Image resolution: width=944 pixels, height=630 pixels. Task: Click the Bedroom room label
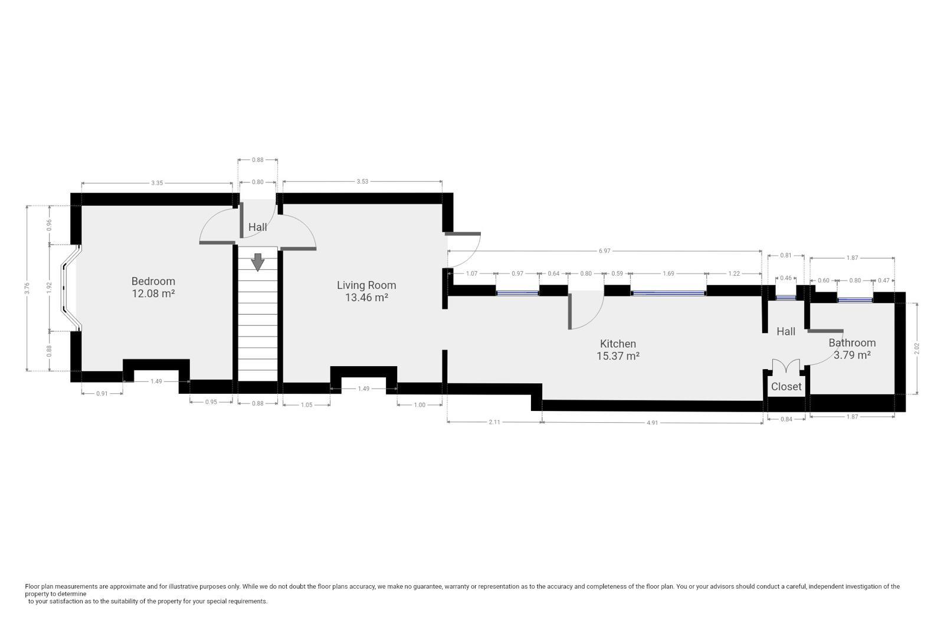[153, 281]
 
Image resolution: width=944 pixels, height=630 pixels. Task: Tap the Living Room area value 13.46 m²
[366, 298]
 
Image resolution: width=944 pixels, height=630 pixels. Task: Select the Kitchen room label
[618, 344]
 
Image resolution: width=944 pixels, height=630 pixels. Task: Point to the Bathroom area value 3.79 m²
[852, 355]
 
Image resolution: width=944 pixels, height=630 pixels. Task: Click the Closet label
[786, 386]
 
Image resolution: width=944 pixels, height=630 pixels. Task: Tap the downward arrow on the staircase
[257, 262]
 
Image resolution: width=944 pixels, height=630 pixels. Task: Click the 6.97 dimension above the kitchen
[604, 251]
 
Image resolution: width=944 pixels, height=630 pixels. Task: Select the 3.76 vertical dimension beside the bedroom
[27, 288]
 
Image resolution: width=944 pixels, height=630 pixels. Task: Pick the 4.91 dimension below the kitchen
[652, 423]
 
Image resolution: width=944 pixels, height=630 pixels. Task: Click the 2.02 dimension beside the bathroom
[917, 348]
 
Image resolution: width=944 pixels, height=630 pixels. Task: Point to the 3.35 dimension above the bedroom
[157, 183]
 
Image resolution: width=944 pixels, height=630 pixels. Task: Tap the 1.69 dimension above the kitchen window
[668, 273]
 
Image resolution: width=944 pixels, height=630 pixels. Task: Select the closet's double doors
[786, 366]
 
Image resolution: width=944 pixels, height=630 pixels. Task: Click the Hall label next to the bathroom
[786, 331]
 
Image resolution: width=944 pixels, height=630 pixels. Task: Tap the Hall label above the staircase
[257, 227]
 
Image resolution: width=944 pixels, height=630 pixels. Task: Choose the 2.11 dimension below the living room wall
[494, 422]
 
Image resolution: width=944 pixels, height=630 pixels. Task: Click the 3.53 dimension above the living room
[362, 181]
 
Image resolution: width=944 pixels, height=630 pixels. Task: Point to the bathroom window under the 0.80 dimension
[855, 300]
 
